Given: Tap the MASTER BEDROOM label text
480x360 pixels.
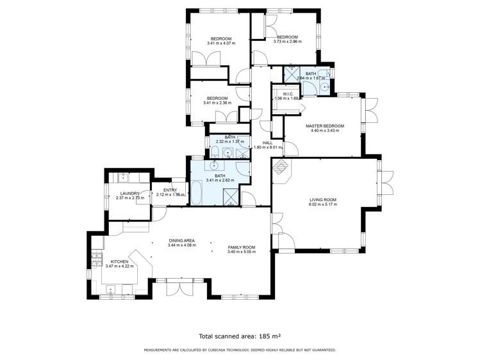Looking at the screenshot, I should pos(325,126).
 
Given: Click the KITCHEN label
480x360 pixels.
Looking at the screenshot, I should pos(120,261).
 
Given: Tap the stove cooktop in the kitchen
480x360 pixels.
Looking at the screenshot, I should pos(97,261).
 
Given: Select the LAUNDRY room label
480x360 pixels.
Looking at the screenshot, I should pos(130,193).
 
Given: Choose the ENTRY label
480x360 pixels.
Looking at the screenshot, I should pos(170,190).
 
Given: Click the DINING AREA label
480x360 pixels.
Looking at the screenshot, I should pos(181,240).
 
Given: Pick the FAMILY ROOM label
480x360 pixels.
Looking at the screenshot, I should pos(242,247).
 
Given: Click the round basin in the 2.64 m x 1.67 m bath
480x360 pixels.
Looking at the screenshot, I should pos(325,85).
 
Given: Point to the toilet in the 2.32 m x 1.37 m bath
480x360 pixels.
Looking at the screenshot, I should pos(215,152).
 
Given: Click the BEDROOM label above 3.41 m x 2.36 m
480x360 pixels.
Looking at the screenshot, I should pos(217,98).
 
